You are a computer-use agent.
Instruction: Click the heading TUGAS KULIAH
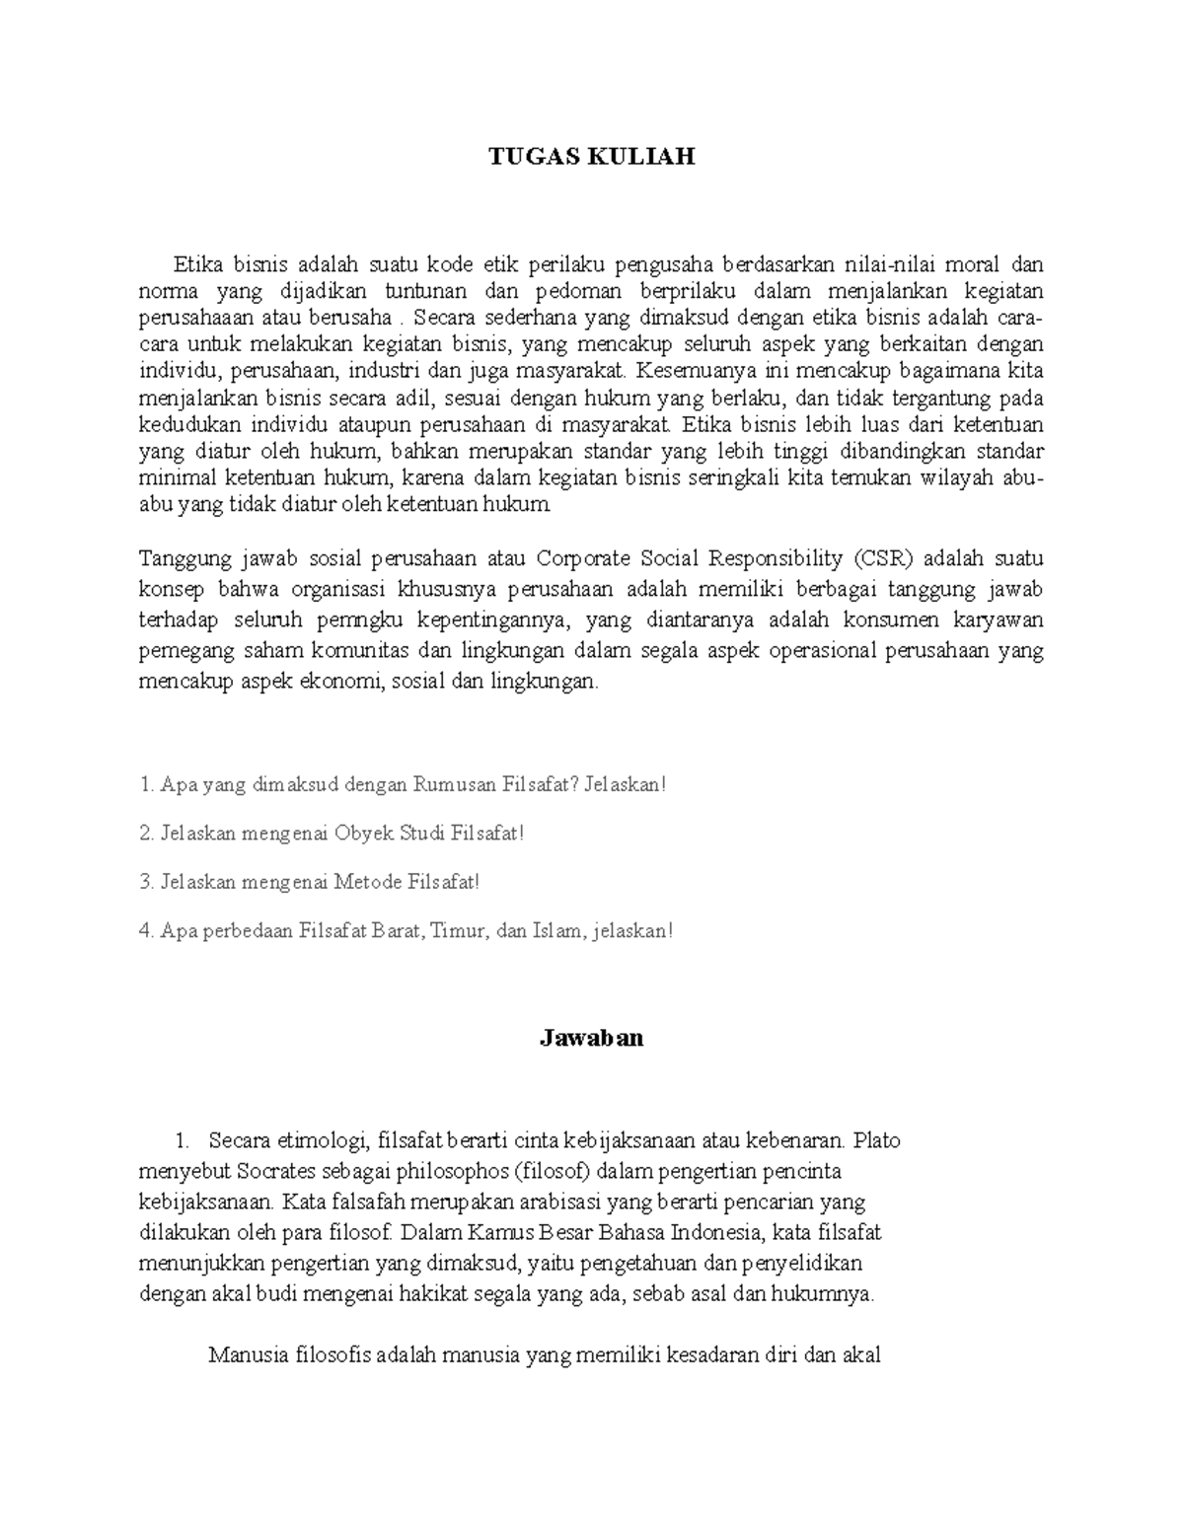pos(592,157)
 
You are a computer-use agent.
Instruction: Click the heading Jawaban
pos(591,1038)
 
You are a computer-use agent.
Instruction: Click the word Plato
pos(877,1141)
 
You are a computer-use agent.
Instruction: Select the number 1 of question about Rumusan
pos(146,785)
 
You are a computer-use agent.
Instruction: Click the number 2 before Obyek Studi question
pos(146,834)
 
